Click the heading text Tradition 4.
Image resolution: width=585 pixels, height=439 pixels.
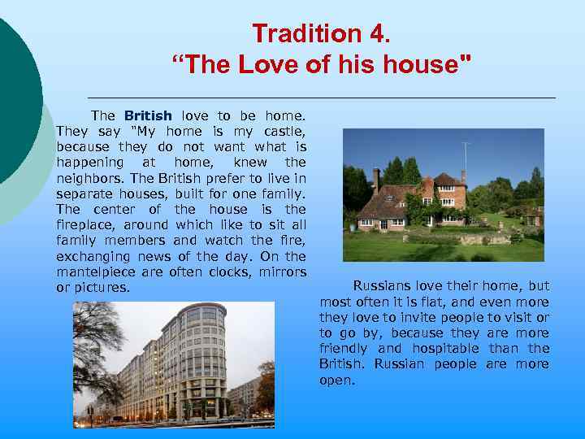(x=321, y=33)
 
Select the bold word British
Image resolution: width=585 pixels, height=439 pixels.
(x=148, y=116)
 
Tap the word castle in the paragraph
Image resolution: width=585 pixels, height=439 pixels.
(x=285, y=132)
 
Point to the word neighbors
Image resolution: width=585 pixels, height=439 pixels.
(x=86, y=178)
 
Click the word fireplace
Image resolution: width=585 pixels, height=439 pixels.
(x=82, y=224)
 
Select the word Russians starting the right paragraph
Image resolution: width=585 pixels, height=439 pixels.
(x=381, y=286)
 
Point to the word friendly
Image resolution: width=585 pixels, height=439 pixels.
(x=344, y=349)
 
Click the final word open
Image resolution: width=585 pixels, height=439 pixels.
(x=336, y=380)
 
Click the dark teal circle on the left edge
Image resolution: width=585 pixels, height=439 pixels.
(x=16, y=98)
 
